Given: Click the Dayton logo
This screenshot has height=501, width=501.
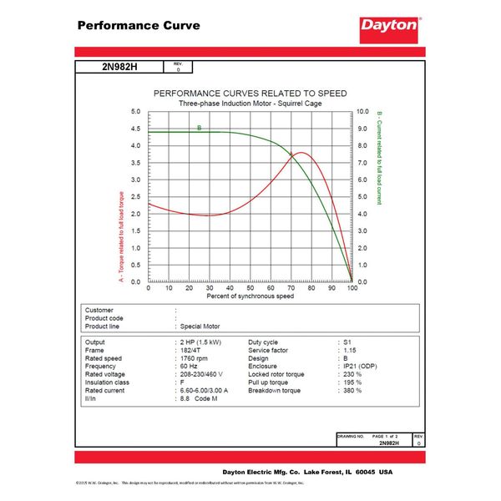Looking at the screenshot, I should [388, 25].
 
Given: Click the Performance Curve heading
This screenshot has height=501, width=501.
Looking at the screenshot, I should [139, 25].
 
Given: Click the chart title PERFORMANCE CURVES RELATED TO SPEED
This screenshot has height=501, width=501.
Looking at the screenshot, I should [250, 93].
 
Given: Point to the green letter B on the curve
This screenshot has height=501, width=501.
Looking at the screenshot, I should [199, 128].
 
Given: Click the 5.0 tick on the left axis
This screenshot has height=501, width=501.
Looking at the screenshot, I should [135, 111].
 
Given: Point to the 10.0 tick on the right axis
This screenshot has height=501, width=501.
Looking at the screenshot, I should [363, 111].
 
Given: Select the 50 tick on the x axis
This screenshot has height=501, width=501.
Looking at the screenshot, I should [250, 288].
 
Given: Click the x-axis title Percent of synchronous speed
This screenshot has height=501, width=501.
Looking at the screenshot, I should [250, 296].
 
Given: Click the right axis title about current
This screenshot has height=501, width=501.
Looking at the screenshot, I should [378, 158].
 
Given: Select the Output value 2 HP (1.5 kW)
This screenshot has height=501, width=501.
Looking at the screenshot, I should [204, 342].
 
